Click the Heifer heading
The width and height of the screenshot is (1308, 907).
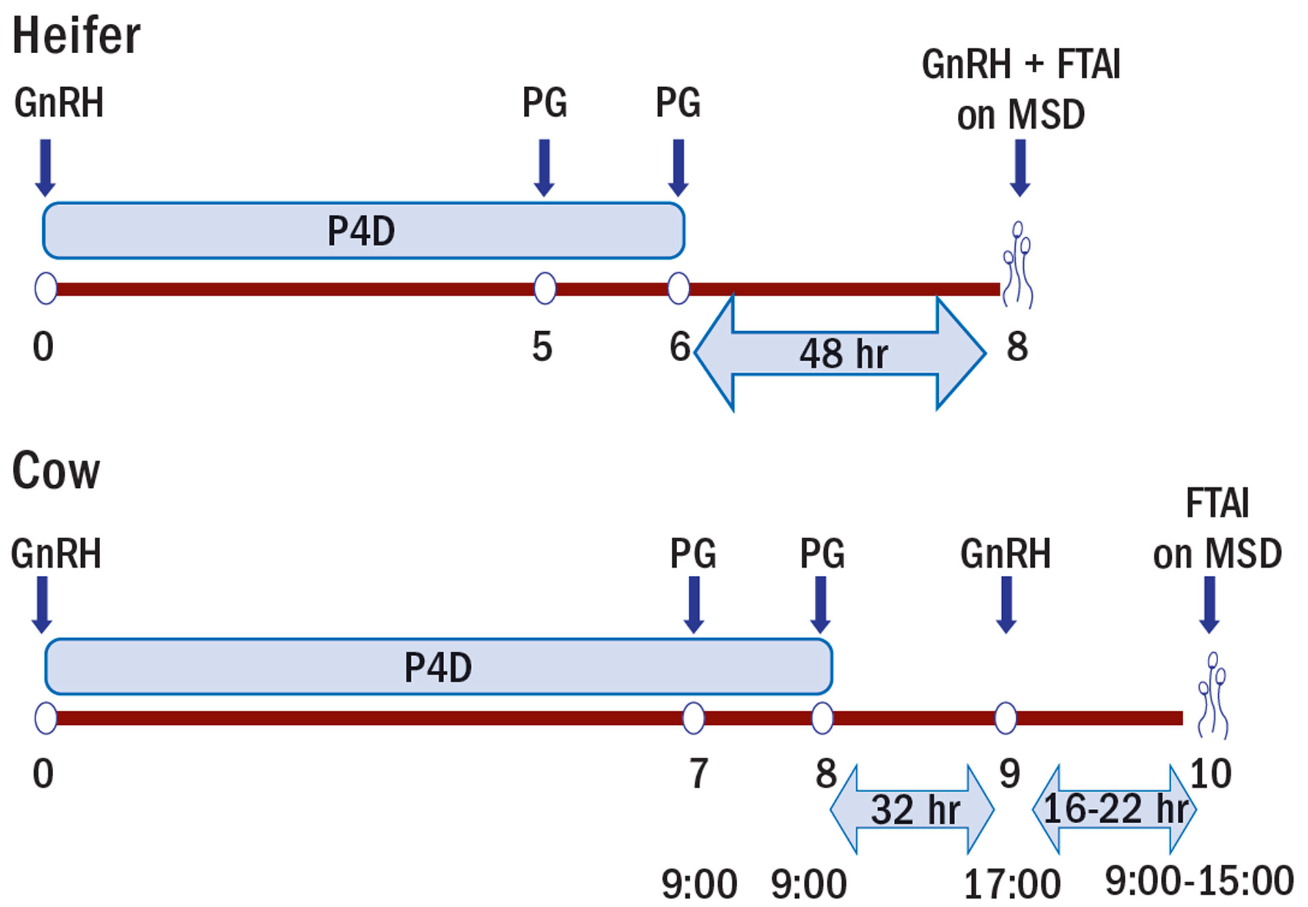tap(76, 35)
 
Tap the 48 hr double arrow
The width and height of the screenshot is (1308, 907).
tap(841, 353)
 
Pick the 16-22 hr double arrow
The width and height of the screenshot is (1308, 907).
tap(1115, 810)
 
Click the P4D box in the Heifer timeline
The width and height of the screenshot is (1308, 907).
tap(363, 230)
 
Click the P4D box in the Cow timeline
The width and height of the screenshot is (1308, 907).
tap(438, 666)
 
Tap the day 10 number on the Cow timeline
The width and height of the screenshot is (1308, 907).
tap(1211, 773)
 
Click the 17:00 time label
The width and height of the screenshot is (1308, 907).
tap(1012, 885)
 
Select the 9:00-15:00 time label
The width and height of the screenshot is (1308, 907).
tap(1199, 880)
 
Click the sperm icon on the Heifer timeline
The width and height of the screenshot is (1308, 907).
tap(1018, 264)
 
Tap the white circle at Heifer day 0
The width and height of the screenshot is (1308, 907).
tap(46, 288)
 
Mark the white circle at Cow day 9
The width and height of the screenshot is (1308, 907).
tap(1006, 718)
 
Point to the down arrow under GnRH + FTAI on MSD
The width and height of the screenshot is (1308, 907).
tap(1020, 168)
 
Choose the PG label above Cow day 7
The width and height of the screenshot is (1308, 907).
tap(693, 553)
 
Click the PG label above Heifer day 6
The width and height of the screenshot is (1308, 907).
tap(678, 103)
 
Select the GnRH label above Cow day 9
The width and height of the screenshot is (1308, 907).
tap(1006, 553)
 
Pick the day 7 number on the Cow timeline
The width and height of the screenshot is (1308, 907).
tap(698, 773)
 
